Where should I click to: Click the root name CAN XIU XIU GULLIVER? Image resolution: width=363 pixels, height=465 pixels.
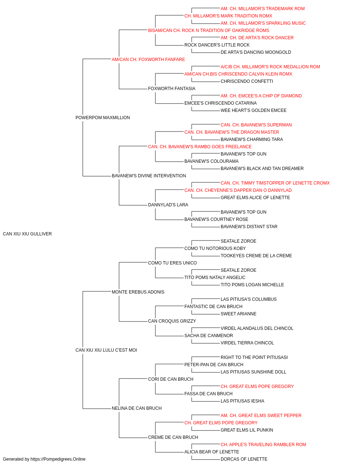coord(27,234)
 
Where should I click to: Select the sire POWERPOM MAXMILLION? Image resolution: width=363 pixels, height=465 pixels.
coord(103,117)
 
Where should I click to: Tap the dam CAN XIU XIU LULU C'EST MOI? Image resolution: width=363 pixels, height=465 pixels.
coord(106,350)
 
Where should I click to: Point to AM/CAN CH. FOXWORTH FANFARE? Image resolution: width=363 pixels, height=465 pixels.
coord(148,60)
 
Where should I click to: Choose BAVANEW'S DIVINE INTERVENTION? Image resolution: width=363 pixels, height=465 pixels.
coord(149,176)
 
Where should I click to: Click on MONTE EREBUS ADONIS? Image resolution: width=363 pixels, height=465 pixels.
coord(138,292)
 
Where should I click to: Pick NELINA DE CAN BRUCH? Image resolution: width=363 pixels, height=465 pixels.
coord(136,408)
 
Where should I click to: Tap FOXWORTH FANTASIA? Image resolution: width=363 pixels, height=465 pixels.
coord(172,89)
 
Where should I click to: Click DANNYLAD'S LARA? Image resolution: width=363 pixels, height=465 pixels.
coord(168,205)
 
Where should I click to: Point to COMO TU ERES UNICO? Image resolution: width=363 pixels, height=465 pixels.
coord(172,263)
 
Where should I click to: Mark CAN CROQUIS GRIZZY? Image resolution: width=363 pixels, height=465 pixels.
coord(172,321)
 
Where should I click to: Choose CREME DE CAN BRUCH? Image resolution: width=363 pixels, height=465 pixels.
coord(173,437)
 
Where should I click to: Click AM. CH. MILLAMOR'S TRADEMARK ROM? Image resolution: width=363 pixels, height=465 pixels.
coord(262,9)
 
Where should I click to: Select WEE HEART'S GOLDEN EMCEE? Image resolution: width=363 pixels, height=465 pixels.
coord(253,110)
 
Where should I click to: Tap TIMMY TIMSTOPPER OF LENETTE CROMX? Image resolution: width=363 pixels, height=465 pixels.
coord(285,183)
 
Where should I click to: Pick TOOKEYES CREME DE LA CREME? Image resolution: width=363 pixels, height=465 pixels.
coord(256,255)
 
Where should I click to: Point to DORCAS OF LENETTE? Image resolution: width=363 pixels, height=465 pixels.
coord(244,459)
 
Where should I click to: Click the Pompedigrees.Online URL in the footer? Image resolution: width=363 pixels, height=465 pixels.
coord(58,459)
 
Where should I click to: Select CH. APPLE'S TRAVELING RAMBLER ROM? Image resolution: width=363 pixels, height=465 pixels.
coord(263,444)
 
